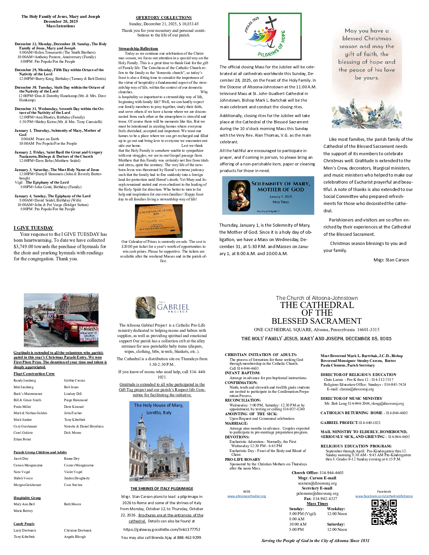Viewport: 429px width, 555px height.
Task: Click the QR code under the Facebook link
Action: coord(384,512)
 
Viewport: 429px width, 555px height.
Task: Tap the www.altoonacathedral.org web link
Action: coord(246,496)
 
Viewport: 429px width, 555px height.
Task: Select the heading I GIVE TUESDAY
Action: coord(33,228)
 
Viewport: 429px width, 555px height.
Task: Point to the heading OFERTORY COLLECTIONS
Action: coord(164,18)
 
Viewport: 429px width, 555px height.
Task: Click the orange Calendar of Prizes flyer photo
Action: coord(158,221)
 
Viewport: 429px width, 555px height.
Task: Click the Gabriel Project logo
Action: coord(162,307)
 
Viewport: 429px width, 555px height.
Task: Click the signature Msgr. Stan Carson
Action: coord(391,260)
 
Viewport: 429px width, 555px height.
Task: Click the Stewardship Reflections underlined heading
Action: coord(138,49)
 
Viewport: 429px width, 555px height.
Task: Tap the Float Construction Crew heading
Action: coord(34,374)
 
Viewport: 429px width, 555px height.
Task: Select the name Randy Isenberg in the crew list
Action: coord(25,381)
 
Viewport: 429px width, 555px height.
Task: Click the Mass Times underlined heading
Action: coord(317,503)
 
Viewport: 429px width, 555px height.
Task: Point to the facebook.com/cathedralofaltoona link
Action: coord(384,496)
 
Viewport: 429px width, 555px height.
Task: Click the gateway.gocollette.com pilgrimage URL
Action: coord(162,529)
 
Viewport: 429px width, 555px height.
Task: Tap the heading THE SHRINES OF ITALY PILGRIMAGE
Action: coord(162,488)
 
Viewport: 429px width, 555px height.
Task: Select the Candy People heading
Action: coord(24,524)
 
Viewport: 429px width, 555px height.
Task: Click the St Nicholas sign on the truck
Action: coord(89,334)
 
